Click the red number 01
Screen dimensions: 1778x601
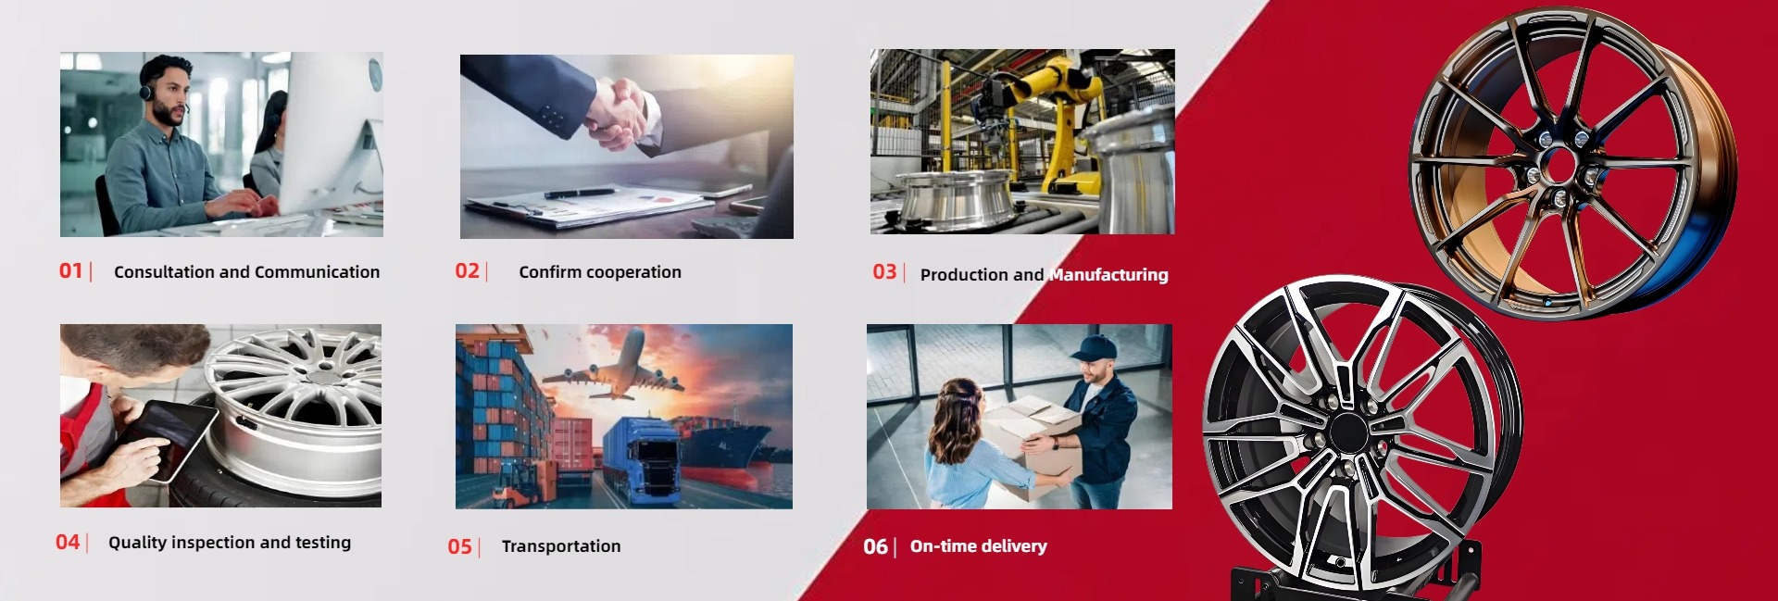pos(70,270)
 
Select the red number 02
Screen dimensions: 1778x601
pos(467,270)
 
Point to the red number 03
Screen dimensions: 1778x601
pos(884,271)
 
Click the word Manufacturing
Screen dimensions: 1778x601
pos(1109,274)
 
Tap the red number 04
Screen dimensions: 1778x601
pos(68,542)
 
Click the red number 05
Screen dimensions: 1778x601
pos(460,546)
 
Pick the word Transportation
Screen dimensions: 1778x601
pos(561,546)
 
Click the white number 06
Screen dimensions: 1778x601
pos(875,546)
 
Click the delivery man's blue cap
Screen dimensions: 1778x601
pos(1096,348)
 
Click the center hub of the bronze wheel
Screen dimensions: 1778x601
pos(1560,167)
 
